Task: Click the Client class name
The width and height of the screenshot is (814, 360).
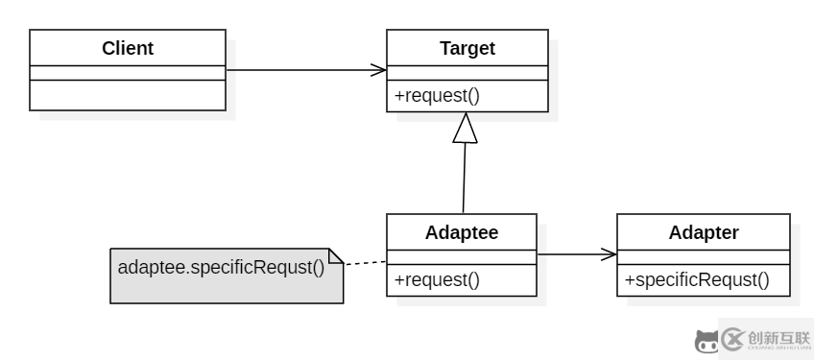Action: click(128, 47)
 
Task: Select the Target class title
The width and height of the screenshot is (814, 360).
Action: click(467, 47)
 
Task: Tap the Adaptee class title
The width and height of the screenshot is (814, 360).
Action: click(462, 231)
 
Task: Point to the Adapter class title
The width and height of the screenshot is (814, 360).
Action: click(704, 231)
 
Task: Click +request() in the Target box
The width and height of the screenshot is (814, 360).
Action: click(437, 96)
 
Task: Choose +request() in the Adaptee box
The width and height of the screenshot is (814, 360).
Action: click(437, 280)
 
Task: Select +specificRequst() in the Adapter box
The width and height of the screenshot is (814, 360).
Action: click(697, 280)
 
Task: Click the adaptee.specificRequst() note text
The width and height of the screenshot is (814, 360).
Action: click(221, 266)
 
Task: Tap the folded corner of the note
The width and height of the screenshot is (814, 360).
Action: click(336, 254)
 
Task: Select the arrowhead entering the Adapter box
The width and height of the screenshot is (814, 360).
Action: click(609, 254)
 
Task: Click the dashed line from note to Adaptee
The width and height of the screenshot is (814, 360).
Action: click(365, 261)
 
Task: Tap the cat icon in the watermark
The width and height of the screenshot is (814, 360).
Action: click(706, 341)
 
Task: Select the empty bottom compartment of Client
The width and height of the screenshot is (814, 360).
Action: click(128, 95)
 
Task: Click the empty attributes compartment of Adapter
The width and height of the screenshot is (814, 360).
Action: click(704, 256)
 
